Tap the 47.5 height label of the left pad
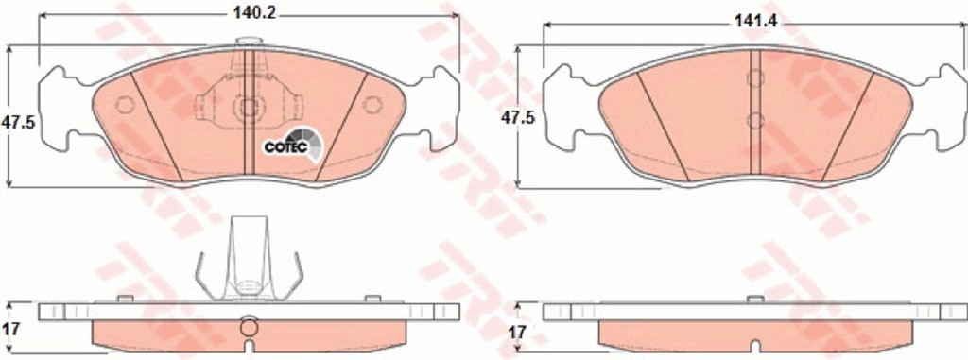point(18,122)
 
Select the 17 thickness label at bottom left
point(11,329)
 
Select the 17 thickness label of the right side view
point(517,333)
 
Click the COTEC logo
point(293,146)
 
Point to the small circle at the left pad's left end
point(126,105)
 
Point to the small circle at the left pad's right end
point(372,105)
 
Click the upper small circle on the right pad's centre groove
point(755,78)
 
